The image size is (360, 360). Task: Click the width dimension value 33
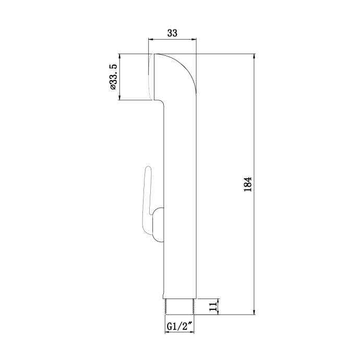pyautogui.click(x=172, y=32)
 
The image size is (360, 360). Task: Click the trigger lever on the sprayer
pyautogui.click(x=146, y=201)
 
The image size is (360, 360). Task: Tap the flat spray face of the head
pyautogui.click(x=150, y=77)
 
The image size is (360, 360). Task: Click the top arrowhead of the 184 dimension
pyautogui.click(x=254, y=56)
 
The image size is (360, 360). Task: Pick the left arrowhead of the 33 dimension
pyautogui.click(x=151, y=39)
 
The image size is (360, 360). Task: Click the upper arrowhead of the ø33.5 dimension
pyautogui.click(x=121, y=56)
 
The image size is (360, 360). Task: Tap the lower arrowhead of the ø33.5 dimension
pyautogui.click(x=121, y=97)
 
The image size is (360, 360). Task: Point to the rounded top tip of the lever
pyautogui.click(x=148, y=167)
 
